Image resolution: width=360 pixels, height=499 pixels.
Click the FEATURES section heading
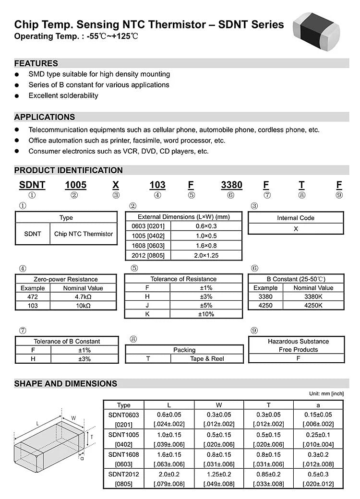point(36,63)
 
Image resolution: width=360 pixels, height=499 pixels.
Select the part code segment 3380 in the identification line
point(231,185)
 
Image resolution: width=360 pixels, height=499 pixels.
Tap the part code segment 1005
point(75,185)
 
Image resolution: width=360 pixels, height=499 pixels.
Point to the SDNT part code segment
point(32,185)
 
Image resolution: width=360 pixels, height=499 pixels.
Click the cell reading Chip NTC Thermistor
point(84,234)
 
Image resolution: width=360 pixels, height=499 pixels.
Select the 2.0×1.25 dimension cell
point(206,255)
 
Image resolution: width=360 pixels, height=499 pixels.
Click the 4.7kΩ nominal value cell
point(83,297)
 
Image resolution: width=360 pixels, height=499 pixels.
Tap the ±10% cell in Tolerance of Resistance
point(206,314)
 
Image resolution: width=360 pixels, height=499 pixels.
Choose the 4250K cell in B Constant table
point(313,305)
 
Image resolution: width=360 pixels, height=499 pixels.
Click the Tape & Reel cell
point(207,359)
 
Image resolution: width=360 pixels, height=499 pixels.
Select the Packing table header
point(184,350)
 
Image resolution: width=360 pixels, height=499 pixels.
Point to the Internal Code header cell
point(296,218)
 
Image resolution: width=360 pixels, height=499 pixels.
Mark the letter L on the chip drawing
point(37,423)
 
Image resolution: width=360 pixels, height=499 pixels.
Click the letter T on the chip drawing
point(91,437)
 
